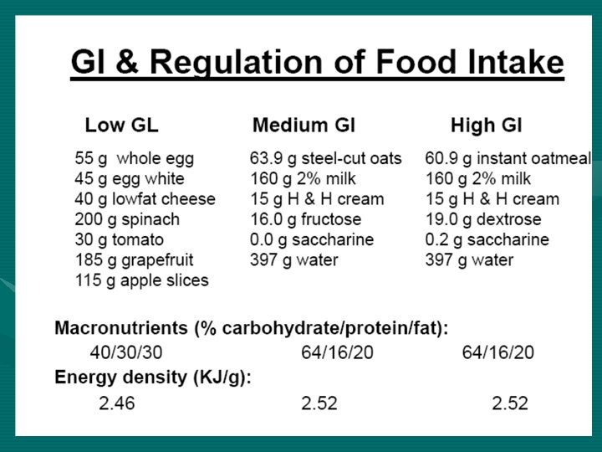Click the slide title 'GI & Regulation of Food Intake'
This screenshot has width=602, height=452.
point(317,63)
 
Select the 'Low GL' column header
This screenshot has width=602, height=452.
point(121,126)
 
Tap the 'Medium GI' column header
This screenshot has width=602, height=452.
point(304,126)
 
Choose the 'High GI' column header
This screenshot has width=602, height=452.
point(486,126)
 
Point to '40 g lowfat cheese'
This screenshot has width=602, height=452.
point(145,199)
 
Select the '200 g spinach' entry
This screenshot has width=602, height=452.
point(127,219)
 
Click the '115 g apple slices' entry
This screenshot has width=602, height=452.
point(141,280)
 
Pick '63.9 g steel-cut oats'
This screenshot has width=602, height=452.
point(325,158)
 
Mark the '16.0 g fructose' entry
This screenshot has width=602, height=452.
point(305,219)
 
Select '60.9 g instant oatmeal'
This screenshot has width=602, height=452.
point(508,158)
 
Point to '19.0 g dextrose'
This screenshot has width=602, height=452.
point(482,219)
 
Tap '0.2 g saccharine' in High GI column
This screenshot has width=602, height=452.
point(487,240)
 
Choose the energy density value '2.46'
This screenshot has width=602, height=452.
point(116,403)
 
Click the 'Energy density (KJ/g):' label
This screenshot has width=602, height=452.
point(152,377)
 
